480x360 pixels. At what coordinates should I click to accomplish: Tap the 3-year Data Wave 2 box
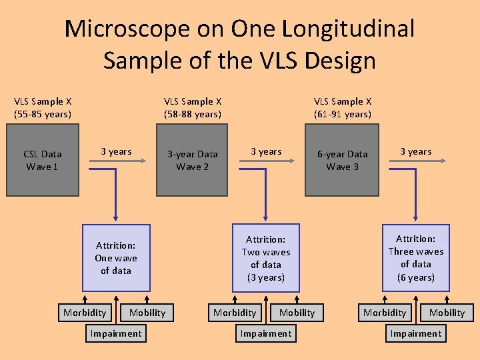point(192,160)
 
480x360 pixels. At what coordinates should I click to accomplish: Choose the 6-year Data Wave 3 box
point(342,160)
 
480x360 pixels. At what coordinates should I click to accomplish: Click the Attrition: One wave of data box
point(116,258)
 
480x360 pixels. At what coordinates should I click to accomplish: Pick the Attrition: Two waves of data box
point(266,258)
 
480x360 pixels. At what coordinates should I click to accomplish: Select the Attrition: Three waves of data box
point(415,258)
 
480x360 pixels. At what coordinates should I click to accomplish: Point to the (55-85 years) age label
point(43,114)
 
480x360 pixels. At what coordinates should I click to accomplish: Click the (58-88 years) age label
point(193,114)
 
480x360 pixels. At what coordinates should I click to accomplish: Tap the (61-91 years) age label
point(343,114)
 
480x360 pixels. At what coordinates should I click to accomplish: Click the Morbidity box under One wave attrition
point(85,313)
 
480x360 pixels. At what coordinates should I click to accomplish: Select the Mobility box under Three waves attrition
point(447,313)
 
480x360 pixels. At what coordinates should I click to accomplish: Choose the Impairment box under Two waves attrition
point(266,333)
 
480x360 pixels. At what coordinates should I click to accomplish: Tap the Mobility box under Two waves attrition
point(297,313)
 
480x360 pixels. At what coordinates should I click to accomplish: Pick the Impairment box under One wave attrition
point(116,333)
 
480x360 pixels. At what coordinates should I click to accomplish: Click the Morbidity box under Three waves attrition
point(385,313)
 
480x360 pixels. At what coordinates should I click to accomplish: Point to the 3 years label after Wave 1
point(116,151)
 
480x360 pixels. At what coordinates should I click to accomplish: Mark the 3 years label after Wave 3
point(415,151)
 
